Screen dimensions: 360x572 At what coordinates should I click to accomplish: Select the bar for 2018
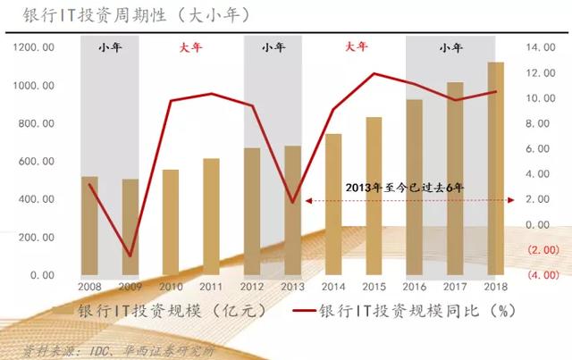click(x=494, y=170)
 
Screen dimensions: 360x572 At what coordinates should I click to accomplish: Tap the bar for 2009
click(x=130, y=227)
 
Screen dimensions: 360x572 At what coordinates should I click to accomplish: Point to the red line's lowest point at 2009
click(x=130, y=256)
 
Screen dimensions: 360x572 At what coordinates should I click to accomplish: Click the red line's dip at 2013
click(x=292, y=202)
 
